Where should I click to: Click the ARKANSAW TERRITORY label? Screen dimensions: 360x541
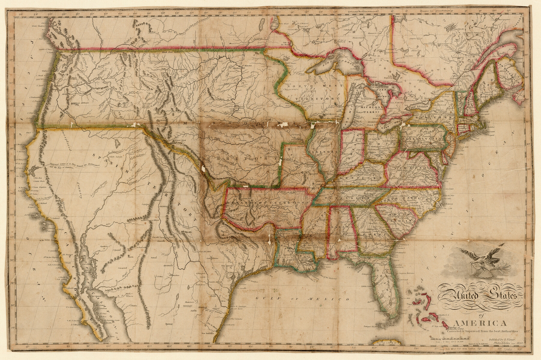pos(264,203)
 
